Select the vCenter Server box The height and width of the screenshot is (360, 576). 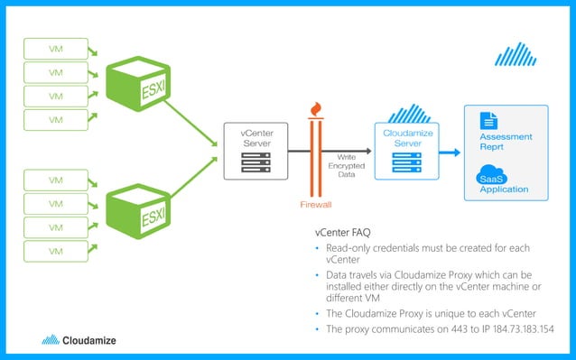click(255, 151)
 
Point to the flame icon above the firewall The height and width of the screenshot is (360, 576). click(315, 108)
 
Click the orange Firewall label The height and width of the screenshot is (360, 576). click(316, 205)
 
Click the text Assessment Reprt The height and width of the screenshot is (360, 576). click(506, 142)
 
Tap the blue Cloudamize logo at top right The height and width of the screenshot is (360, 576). click(516, 55)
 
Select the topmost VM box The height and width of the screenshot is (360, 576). click(56, 47)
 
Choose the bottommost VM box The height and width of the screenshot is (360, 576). click(56, 250)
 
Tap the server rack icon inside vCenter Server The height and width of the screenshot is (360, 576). click(255, 162)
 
